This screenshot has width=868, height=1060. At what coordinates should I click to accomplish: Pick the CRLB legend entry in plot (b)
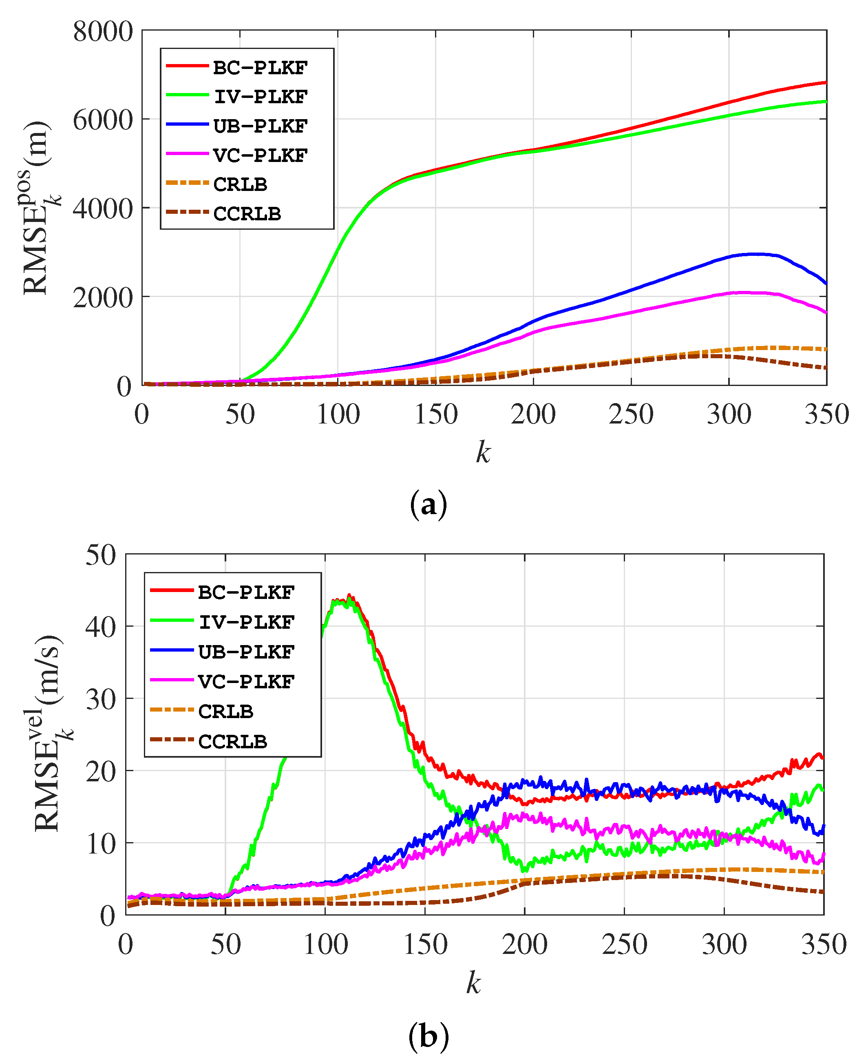point(225,711)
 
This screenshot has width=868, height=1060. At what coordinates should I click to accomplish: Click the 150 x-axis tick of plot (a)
point(436,415)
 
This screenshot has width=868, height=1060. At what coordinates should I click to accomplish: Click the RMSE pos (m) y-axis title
point(38,208)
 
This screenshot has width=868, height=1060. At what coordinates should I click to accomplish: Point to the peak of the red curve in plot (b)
point(349,595)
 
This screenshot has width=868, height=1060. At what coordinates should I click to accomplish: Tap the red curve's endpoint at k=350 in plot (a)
point(825,82)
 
